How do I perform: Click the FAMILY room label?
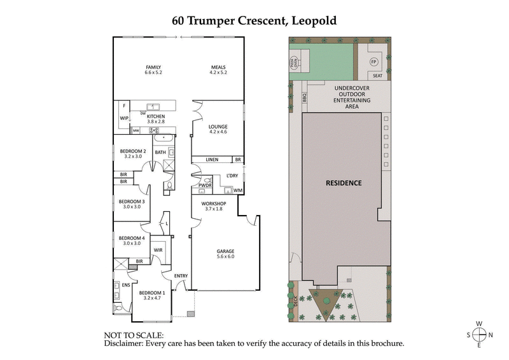click(153, 67)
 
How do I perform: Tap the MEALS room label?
click(220, 67)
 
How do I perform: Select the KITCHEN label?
click(156, 117)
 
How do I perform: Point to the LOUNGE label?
click(218, 127)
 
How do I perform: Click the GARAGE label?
click(226, 250)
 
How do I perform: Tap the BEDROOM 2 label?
click(133, 151)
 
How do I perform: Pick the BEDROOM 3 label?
click(132, 202)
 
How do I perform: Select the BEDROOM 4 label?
click(132, 238)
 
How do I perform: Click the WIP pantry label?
click(124, 118)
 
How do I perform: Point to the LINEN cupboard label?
click(213, 160)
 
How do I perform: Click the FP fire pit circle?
click(374, 62)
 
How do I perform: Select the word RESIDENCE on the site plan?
click(344, 183)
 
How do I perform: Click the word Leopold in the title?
click(314, 20)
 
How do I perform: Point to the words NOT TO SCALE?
click(133, 335)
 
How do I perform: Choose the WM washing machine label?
click(237, 190)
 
